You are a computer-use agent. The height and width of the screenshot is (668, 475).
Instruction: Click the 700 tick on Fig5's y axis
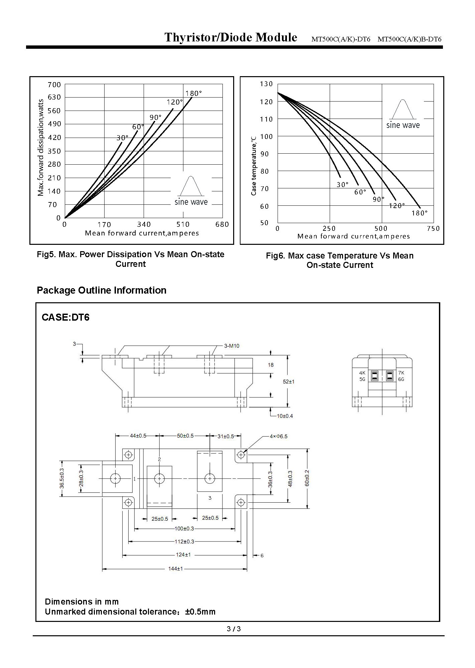[54, 85]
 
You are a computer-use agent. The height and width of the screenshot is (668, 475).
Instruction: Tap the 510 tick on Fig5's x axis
[183, 224]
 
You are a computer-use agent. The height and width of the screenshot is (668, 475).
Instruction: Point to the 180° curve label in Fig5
[194, 94]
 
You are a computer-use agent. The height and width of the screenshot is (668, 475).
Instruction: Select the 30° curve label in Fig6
[342, 185]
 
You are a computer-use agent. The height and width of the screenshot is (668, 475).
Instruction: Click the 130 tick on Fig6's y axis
[266, 84]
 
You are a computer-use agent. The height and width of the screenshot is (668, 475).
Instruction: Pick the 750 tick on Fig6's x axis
[434, 228]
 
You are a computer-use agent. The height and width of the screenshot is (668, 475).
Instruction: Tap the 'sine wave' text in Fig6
[403, 125]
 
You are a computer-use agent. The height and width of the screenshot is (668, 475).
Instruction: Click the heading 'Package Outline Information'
[102, 290]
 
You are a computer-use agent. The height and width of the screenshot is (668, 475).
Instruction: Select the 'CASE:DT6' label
[65, 317]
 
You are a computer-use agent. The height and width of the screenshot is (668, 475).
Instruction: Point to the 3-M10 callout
[231, 346]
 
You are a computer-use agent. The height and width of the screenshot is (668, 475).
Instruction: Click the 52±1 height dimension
[289, 381]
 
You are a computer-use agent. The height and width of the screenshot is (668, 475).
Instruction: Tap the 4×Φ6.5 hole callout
[279, 436]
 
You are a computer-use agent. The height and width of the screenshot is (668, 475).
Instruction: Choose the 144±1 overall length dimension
[175, 568]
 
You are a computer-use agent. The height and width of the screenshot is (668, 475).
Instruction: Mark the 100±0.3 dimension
[184, 528]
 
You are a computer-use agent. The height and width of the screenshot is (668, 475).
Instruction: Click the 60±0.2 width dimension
[307, 478]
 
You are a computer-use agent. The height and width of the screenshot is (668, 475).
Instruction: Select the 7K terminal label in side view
[401, 373]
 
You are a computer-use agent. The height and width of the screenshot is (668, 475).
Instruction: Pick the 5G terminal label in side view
[362, 379]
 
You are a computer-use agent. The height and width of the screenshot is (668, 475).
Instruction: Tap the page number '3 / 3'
[234, 629]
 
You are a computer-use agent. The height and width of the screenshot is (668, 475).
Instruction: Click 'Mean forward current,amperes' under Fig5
[142, 233]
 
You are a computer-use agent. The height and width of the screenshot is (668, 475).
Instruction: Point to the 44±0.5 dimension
[138, 436]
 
